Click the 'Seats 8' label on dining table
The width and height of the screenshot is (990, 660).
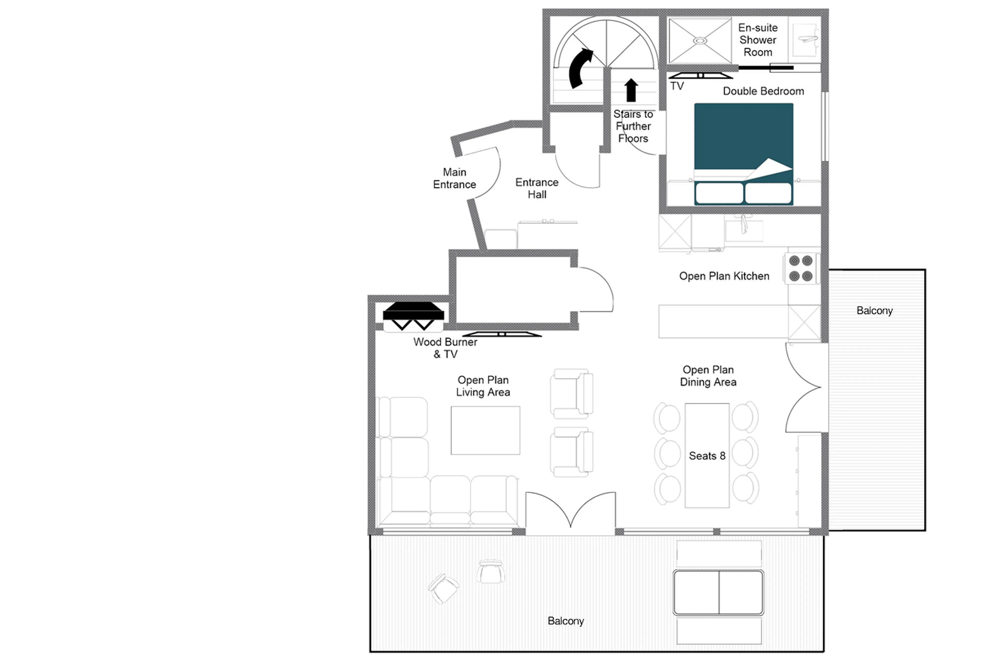pos(707,456)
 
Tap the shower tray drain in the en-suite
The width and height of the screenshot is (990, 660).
pos(700,41)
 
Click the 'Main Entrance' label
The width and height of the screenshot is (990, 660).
pos(455,178)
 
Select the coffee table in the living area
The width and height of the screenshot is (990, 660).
pos(485,430)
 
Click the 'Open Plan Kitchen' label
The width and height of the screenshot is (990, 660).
pos(724,276)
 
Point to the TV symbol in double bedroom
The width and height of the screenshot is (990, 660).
pos(700,76)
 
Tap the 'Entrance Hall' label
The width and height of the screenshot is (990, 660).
pos(537,188)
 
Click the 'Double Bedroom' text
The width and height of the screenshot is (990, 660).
pos(763,91)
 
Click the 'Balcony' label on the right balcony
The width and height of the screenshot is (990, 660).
pos(874,311)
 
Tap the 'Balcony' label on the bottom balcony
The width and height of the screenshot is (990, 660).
pos(565,621)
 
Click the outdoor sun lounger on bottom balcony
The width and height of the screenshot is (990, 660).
pos(718,592)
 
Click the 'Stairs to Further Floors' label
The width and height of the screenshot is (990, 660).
pos(633,126)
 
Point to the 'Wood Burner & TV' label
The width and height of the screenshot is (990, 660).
pos(445,348)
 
